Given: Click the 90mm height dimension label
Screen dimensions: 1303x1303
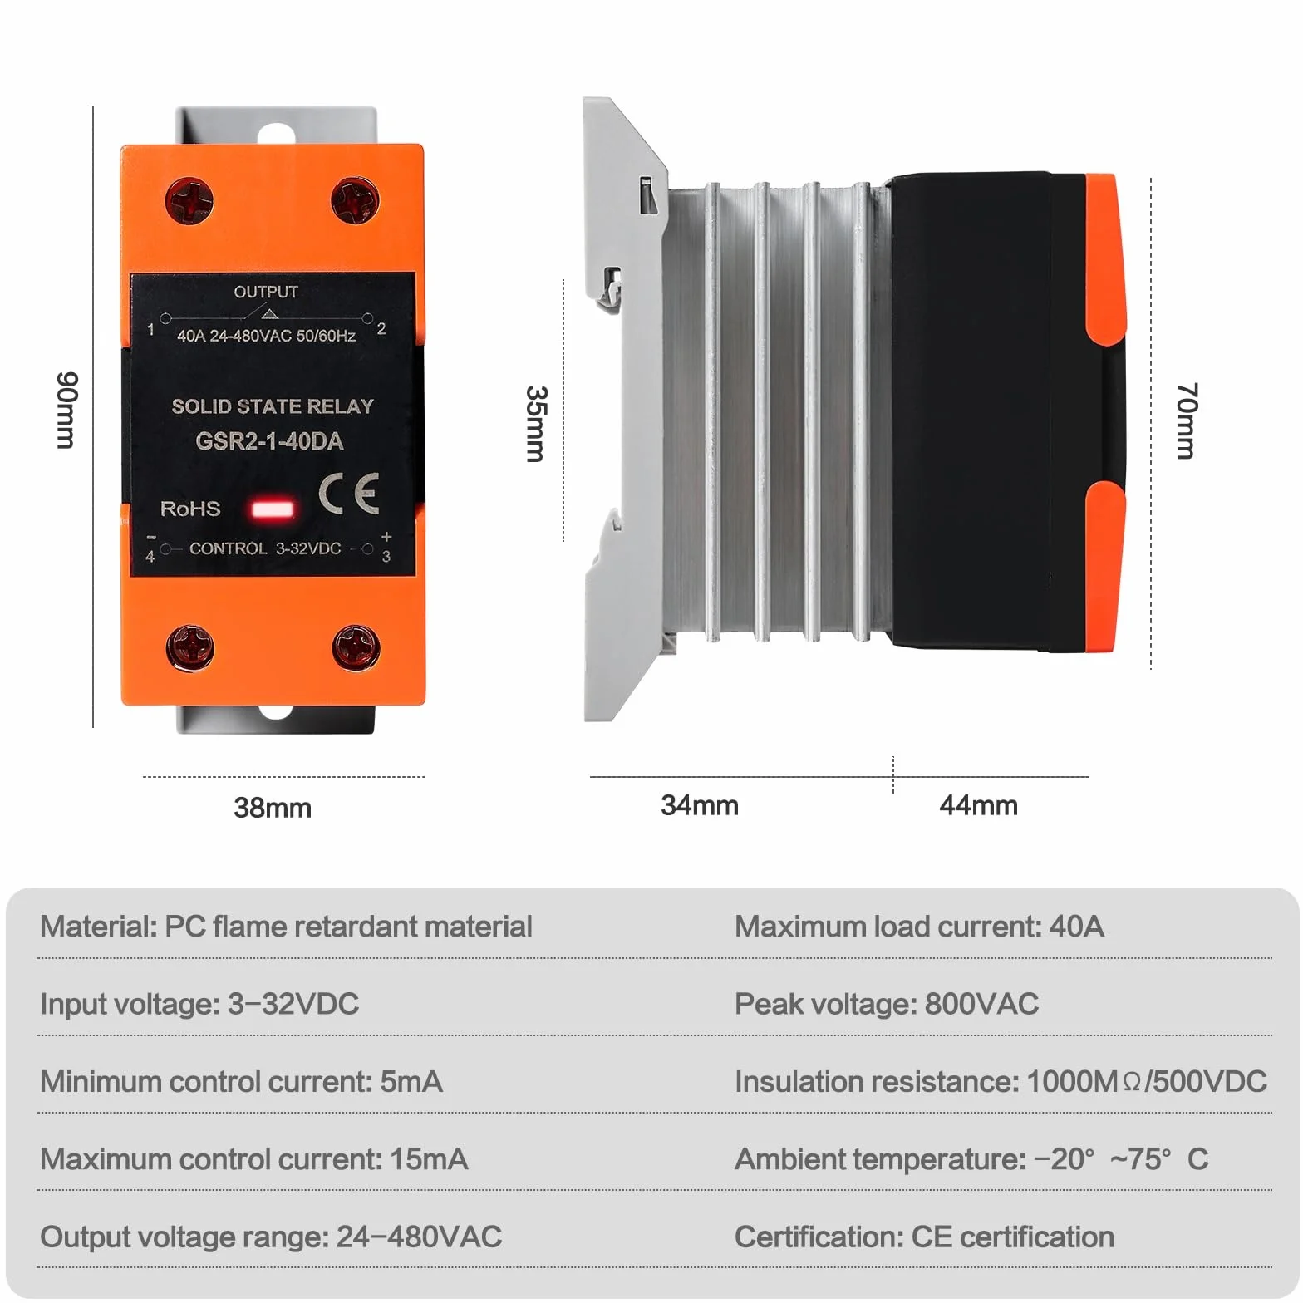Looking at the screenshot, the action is coord(66,411).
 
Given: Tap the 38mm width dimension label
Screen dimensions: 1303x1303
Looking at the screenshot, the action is coord(273,808).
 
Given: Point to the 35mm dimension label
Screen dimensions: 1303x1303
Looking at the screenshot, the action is coord(537,423).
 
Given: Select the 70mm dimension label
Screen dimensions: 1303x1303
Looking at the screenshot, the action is coord(1187,420).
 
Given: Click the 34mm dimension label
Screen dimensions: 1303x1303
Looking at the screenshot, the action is coord(700,805).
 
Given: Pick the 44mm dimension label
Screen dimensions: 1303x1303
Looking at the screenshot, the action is coord(978,805).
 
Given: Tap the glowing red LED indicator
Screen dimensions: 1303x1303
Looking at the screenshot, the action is coord(273,508).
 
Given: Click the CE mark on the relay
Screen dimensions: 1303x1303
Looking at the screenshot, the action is coord(349,494).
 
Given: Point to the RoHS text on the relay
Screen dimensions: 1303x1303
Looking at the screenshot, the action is coord(190,509).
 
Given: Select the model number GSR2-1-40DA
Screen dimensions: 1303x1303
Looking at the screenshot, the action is coord(269,441).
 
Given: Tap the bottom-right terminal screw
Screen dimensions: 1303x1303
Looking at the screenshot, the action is coord(356,647).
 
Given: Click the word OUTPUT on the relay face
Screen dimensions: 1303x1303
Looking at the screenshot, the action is coord(266,292).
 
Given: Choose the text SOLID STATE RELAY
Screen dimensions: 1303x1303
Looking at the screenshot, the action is coord(273,406).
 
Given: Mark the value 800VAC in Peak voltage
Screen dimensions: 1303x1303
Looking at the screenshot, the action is coord(981,1004).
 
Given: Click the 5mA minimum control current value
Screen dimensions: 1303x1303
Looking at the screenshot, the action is coord(411,1082).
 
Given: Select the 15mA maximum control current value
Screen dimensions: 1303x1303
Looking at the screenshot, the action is coord(429,1159).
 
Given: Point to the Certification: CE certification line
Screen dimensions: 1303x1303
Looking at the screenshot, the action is coord(924,1237).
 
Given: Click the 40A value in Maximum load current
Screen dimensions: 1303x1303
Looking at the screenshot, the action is coord(1077,927).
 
